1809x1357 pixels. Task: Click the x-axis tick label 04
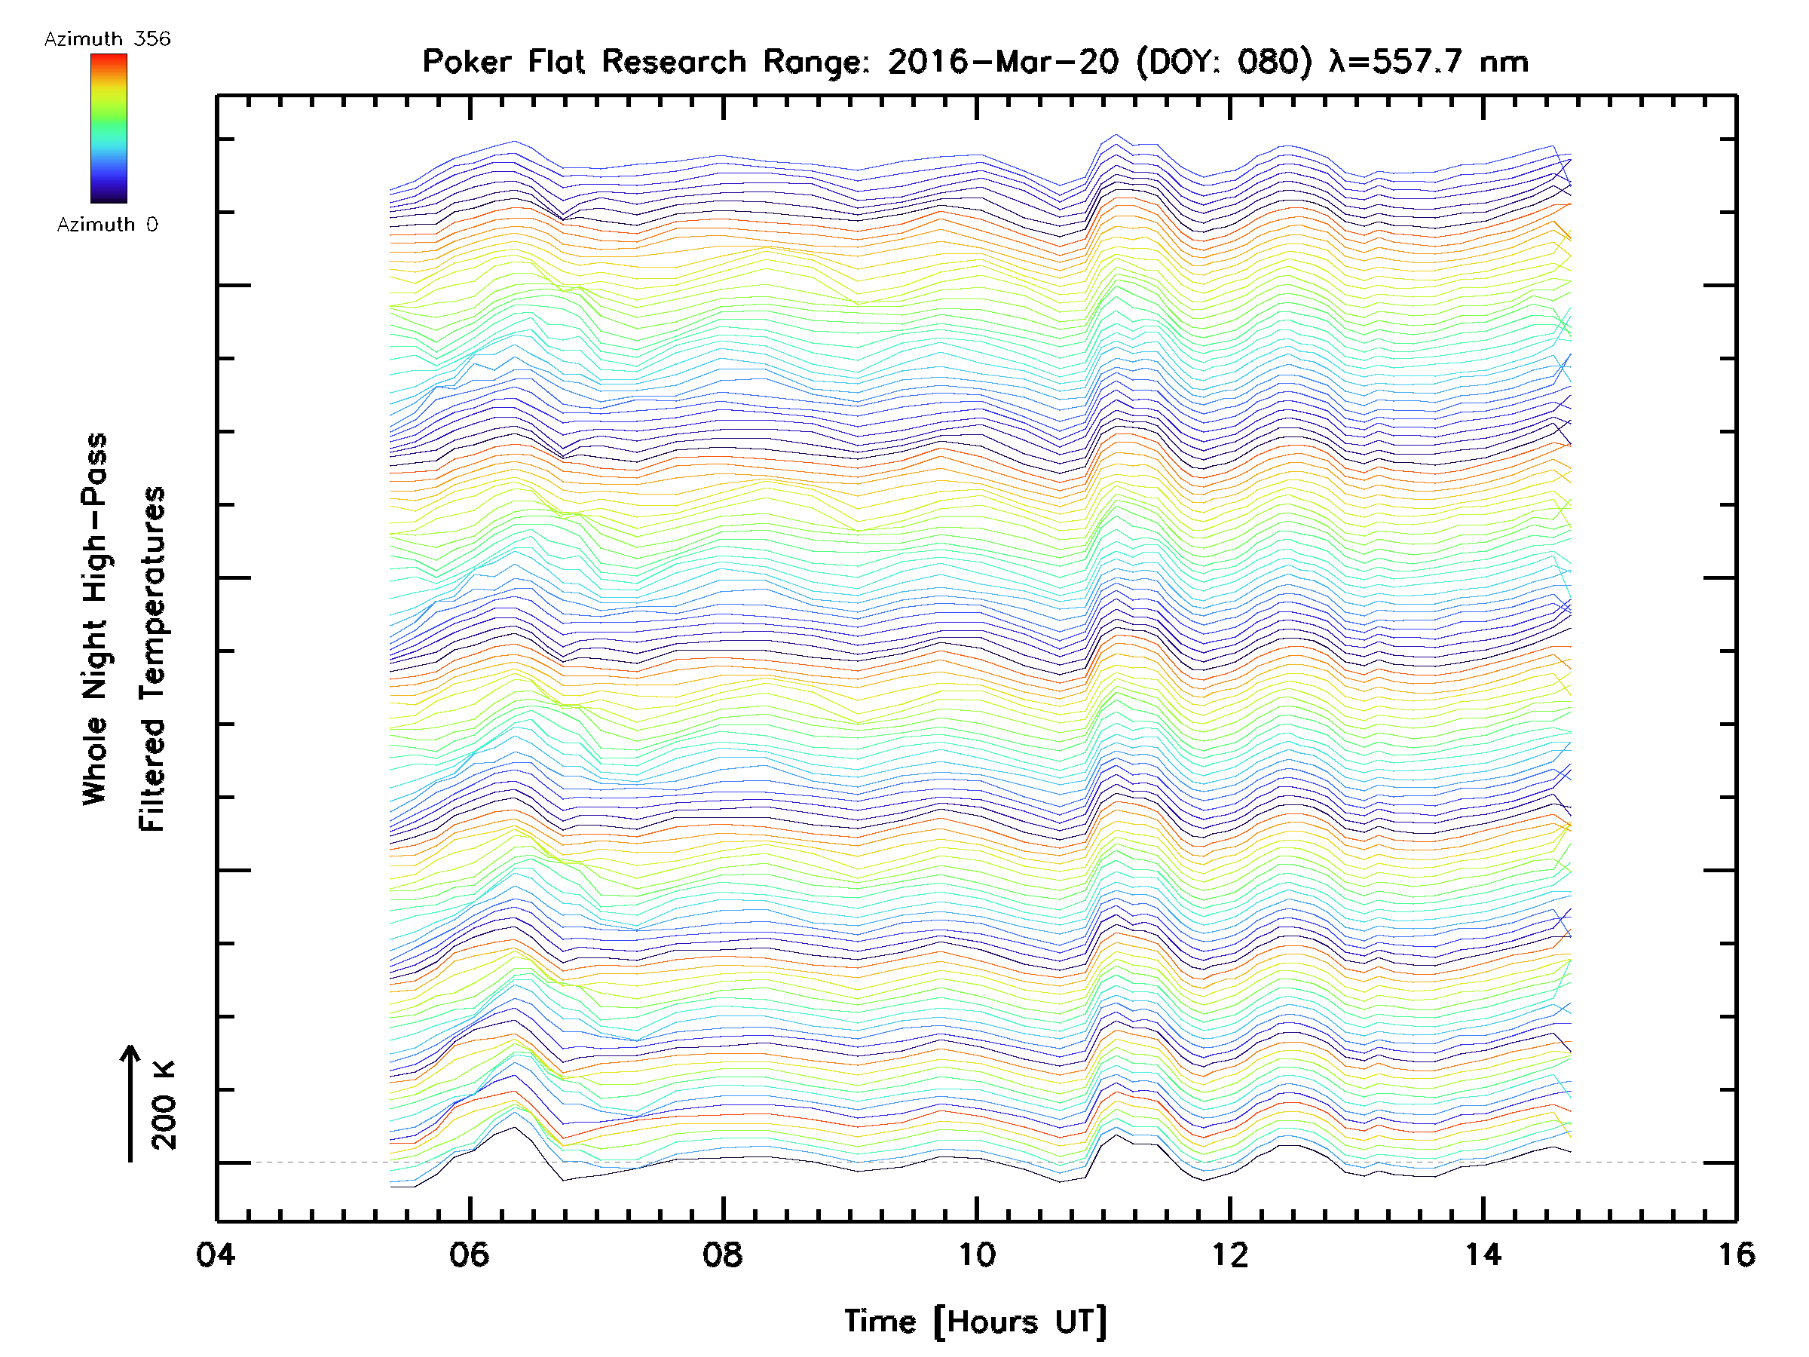[x=215, y=1254]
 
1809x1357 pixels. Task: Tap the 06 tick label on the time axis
[x=469, y=1254]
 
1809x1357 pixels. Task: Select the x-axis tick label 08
[x=722, y=1254]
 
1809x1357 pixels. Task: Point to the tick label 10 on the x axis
[x=975, y=1254]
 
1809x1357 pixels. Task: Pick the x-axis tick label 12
[x=1229, y=1254]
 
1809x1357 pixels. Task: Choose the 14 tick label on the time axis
[x=1483, y=1254]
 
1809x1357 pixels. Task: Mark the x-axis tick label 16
[x=1735, y=1254]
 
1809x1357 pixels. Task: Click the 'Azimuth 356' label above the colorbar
[x=107, y=39]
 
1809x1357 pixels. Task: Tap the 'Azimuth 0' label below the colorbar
[x=107, y=224]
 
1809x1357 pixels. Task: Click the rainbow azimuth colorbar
[x=109, y=128]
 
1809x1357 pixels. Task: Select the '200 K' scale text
[x=164, y=1105]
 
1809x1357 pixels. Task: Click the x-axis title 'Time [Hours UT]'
[x=975, y=1322]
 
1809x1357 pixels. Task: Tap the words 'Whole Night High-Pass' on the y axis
[x=95, y=618]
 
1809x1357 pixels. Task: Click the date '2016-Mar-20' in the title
[x=1002, y=62]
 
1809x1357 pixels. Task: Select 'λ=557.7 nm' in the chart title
[x=1428, y=62]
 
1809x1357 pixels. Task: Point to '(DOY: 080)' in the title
[x=1223, y=62]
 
